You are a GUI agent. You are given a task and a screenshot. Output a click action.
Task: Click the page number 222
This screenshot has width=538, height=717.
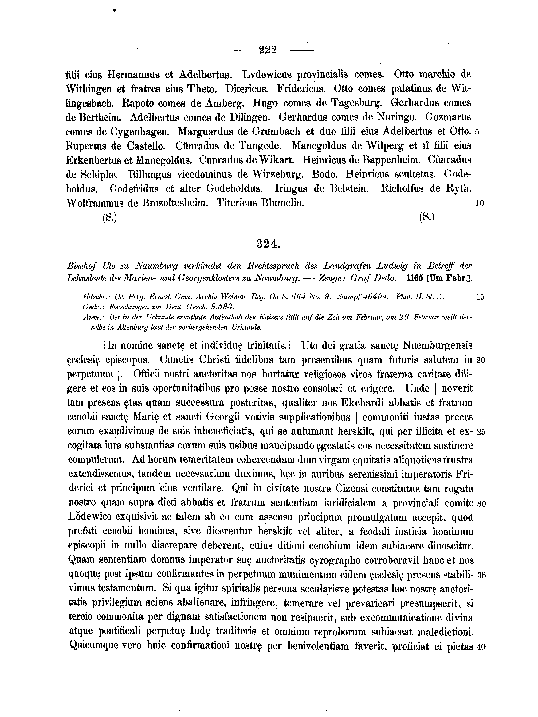(x=268, y=50)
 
